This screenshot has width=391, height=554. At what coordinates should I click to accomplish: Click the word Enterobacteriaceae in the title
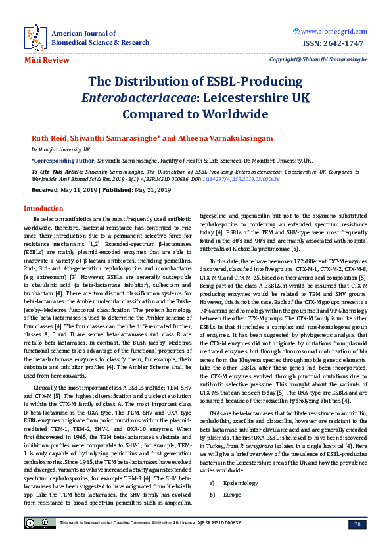(x=138, y=98)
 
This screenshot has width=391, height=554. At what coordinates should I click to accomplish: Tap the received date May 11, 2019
(x=80, y=189)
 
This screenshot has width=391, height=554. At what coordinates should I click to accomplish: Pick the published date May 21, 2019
(x=153, y=189)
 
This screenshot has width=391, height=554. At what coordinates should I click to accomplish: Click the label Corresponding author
(x=63, y=160)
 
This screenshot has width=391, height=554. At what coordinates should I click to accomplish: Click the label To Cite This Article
(x=53, y=170)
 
